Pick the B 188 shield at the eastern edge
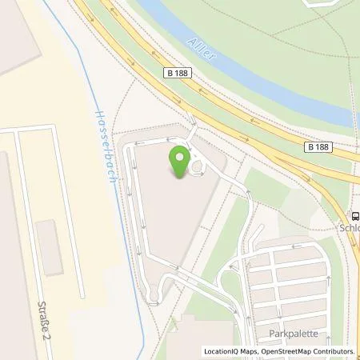point(318,146)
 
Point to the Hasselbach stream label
point(104,143)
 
